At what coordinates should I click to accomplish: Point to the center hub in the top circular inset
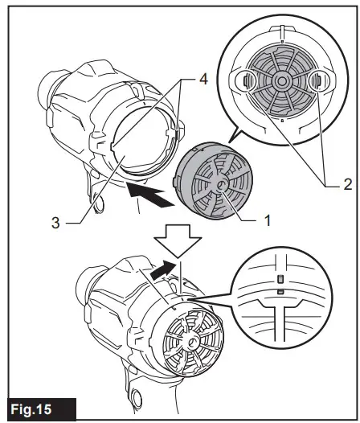tap(281, 81)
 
